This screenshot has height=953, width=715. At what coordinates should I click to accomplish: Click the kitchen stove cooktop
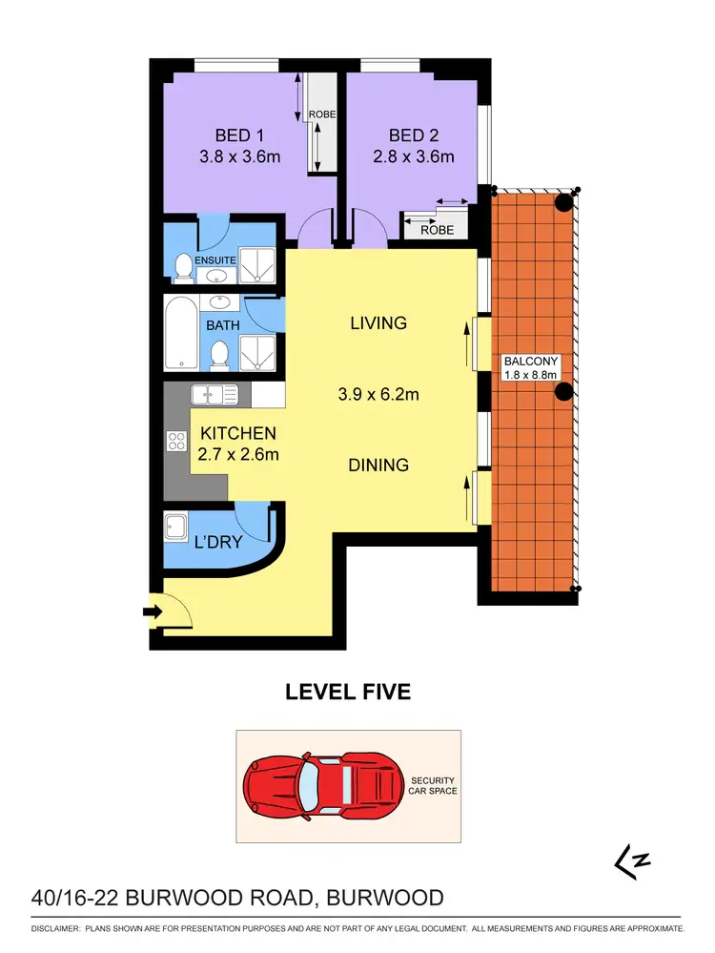tap(177, 441)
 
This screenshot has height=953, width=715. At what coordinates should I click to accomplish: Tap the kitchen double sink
tap(207, 394)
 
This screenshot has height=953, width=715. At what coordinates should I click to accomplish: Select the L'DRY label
tap(218, 542)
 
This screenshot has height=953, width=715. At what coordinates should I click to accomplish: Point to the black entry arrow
tap(152, 611)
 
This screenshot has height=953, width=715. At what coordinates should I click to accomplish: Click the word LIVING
tap(378, 323)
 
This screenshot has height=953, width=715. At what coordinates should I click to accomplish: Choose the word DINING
tap(378, 466)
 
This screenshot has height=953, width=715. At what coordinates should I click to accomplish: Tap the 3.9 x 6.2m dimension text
tap(378, 393)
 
